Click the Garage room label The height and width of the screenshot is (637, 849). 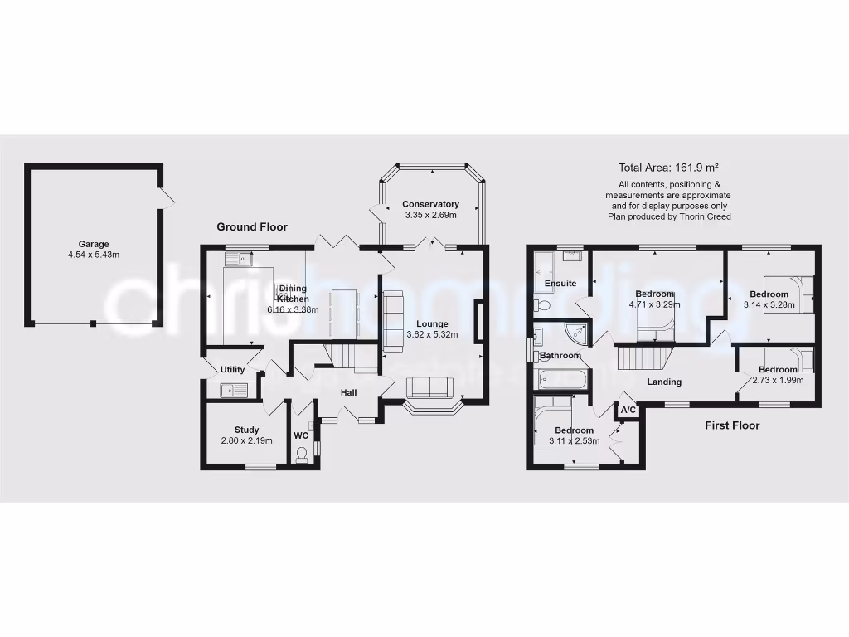94,244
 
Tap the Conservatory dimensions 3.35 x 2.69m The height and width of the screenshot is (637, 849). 430,216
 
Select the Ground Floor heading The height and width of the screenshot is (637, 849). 252,226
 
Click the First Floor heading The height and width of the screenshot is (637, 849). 732,425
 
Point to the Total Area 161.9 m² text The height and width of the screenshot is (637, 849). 668,167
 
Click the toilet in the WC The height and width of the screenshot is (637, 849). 302,452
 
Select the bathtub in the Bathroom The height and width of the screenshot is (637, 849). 562,380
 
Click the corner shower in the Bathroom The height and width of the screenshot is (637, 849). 577,333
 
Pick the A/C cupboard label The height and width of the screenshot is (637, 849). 628,411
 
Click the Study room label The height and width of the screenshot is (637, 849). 246,430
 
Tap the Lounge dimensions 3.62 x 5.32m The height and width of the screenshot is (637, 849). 432,335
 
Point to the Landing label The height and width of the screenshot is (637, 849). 664,382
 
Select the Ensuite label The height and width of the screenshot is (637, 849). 560,284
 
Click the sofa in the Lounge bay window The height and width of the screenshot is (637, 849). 429,387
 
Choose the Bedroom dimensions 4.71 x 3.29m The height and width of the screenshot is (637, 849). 655,304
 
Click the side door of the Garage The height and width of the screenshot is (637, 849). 167,197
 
